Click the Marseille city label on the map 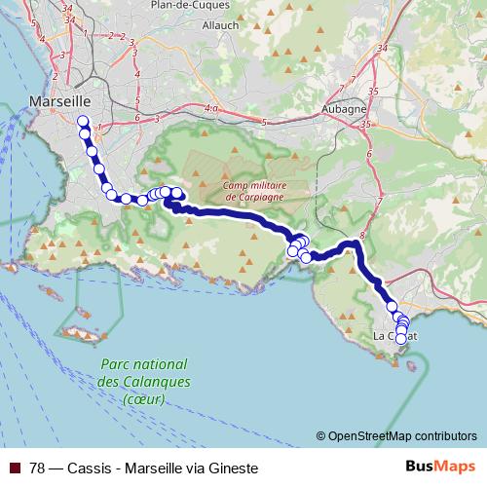[60, 100]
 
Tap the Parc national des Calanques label [144, 375]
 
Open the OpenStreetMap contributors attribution [402, 435]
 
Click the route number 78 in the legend [38, 468]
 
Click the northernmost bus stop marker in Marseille [83, 122]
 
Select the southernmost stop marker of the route [400, 338]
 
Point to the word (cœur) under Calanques [144, 399]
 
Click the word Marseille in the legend [153, 468]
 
